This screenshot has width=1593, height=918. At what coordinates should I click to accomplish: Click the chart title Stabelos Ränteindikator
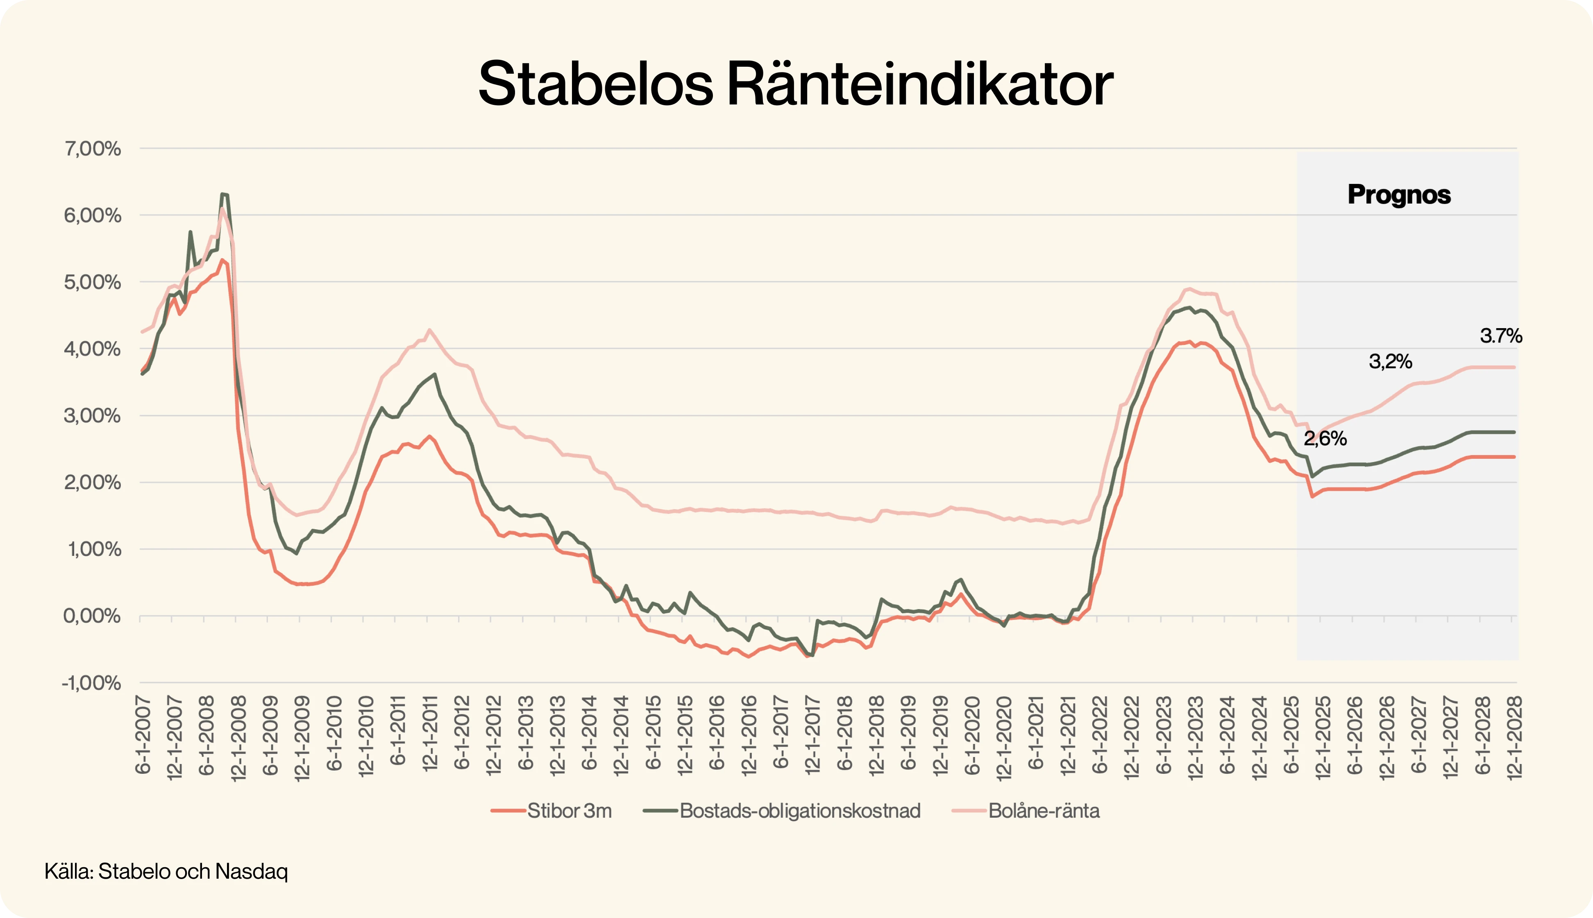click(x=796, y=84)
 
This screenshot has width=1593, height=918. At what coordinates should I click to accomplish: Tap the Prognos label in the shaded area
click(x=1399, y=195)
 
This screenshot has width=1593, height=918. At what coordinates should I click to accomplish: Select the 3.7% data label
click(x=1500, y=336)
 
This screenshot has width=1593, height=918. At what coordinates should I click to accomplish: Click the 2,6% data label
click(x=1325, y=439)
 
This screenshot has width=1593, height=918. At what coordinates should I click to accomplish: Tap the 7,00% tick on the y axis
click(x=92, y=149)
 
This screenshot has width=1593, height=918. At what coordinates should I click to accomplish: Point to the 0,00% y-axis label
click(x=92, y=616)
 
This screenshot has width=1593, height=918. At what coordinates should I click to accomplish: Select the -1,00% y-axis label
click(x=91, y=683)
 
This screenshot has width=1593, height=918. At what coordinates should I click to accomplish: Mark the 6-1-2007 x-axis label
click(x=143, y=734)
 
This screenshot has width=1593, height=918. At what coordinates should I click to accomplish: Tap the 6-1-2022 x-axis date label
click(x=1100, y=734)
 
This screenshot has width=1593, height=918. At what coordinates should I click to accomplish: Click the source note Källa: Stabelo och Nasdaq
click(x=166, y=871)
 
